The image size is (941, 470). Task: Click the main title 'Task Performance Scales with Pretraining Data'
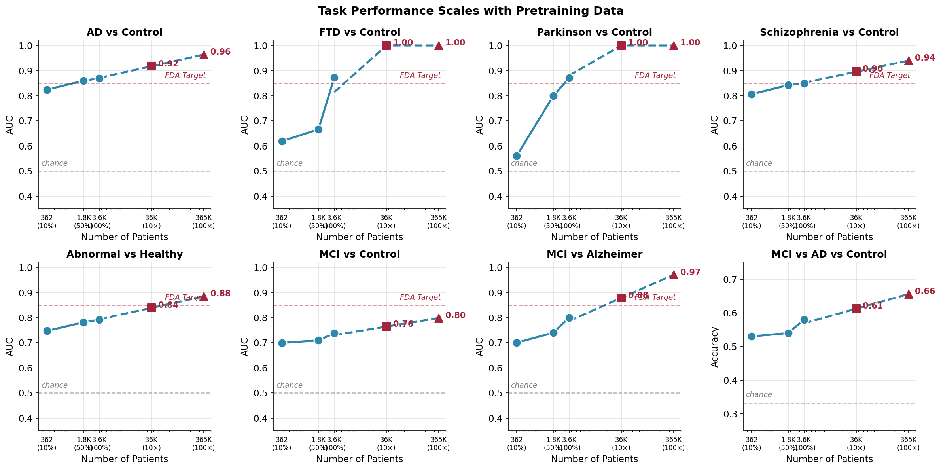click(x=470, y=11)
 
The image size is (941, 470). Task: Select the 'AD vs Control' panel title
click(x=124, y=32)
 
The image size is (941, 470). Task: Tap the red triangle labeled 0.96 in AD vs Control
click(x=204, y=55)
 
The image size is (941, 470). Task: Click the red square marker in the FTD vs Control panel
click(x=386, y=45)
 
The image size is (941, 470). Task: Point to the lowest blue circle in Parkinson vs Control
click(x=517, y=156)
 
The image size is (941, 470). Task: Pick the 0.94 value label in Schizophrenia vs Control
click(x=925, y=58)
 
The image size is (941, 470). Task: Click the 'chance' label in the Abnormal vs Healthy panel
click(x=54, y=385)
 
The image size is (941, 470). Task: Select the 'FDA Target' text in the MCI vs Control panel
click(x=420, y=298)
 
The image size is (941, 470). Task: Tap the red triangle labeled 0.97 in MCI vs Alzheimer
click(x=674, y=275)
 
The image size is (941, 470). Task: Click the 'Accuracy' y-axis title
click(x=714, y=347)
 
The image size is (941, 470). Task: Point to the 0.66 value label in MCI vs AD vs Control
click(x=925, y=292)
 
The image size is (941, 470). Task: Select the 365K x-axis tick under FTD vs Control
click(x=438, y=218)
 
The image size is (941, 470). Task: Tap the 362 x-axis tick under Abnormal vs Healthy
click(x=47, y=440)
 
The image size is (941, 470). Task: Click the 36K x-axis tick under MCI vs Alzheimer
click(x=621, y=440)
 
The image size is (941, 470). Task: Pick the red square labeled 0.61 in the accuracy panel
click(x=856, y=308)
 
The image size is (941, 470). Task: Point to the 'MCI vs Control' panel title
click(x=359, y=254)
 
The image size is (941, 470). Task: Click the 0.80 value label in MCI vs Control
click(x=455, y=316)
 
